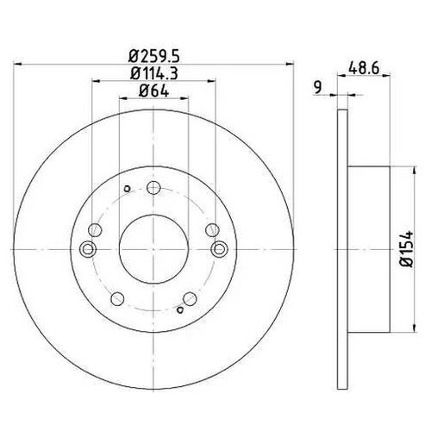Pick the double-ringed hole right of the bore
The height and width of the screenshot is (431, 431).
(219, 249)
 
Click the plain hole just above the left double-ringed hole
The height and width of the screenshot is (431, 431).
(95, 230)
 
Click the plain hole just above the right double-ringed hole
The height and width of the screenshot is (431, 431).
(210, 230)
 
